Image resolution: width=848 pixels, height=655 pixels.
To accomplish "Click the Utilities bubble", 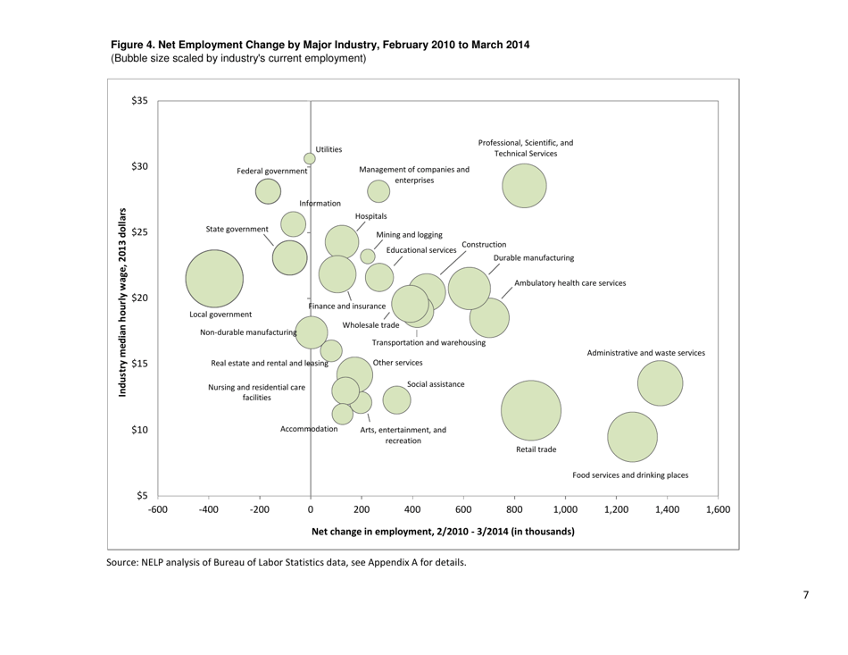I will (x=310, y=159).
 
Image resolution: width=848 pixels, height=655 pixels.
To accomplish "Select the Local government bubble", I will (x=214, y=278).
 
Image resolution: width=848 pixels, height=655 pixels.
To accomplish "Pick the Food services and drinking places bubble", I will (x=632, y=437).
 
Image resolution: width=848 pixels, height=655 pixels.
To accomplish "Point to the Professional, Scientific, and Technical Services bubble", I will (x=524, y=186).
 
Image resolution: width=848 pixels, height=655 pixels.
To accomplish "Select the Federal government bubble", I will (x=268, y=191).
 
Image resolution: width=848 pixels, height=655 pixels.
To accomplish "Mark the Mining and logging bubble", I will (x=368, y=256).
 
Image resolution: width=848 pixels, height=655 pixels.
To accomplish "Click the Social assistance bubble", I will (x=396, y=399).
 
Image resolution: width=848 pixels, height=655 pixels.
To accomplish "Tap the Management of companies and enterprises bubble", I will (x=378, y=191).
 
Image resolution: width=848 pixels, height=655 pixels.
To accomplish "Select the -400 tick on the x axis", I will (x=208, y=510).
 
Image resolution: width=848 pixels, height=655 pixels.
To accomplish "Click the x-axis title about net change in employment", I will (x=443, y=532).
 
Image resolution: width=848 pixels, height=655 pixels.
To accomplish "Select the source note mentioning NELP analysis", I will (x=286, y=562).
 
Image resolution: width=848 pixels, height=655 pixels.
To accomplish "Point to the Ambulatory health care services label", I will (x=569, y=282).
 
